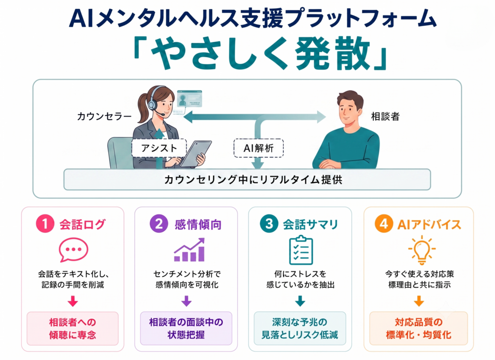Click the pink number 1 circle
[45, 224]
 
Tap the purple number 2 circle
[159, 224]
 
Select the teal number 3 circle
[269, 224]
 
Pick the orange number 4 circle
[384, 224]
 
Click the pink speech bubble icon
[73, 250]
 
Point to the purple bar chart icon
[189, 250]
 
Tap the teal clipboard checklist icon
[301, 250]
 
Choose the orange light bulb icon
[422, 250]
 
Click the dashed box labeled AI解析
[259, 148]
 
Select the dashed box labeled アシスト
[159, 148]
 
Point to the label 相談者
[385, 117]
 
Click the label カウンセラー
[104, 117]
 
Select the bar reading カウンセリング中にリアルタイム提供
[247, 180]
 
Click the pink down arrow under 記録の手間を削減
[73, 301]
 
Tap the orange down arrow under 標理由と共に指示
[419, 301]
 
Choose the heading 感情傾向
[198, 225]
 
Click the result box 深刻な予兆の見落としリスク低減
[300, 329]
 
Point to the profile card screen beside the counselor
[189, 99]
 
